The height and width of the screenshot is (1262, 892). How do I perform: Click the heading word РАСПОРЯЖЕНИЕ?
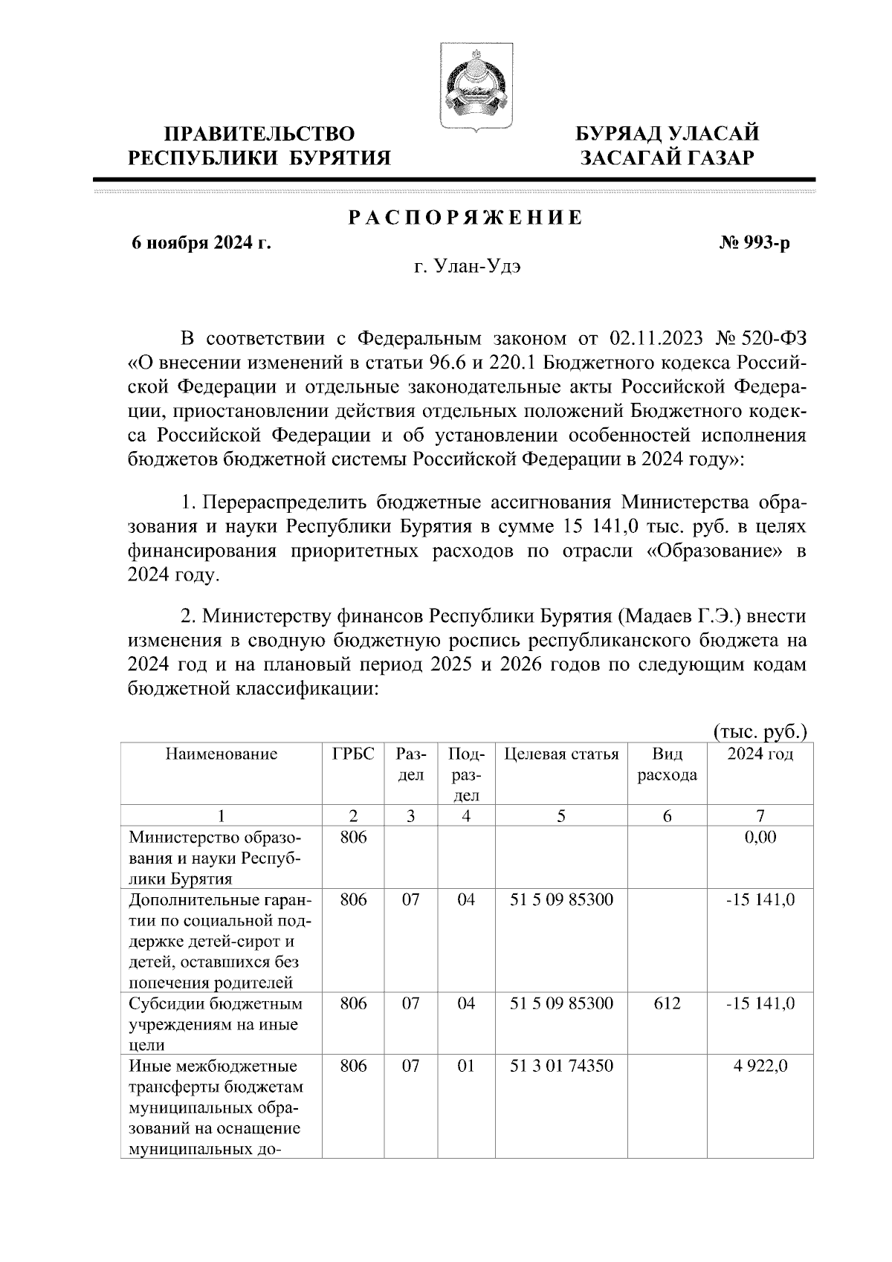(x=465, y=219)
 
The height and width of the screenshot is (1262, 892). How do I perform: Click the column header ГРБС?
(x=353, y=754)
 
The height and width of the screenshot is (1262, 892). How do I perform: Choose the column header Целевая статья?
(x=561, y=754)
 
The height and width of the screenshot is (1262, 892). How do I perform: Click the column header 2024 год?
(x=760, y=754)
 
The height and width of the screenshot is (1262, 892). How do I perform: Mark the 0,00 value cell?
(x=760, y=837)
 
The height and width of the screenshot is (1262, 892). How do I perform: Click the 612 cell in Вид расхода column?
(x=667, y=1003)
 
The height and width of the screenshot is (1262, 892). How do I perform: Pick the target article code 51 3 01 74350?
(x=562, y=1066)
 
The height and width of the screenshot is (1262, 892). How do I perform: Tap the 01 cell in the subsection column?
(x=466, y=1066)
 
